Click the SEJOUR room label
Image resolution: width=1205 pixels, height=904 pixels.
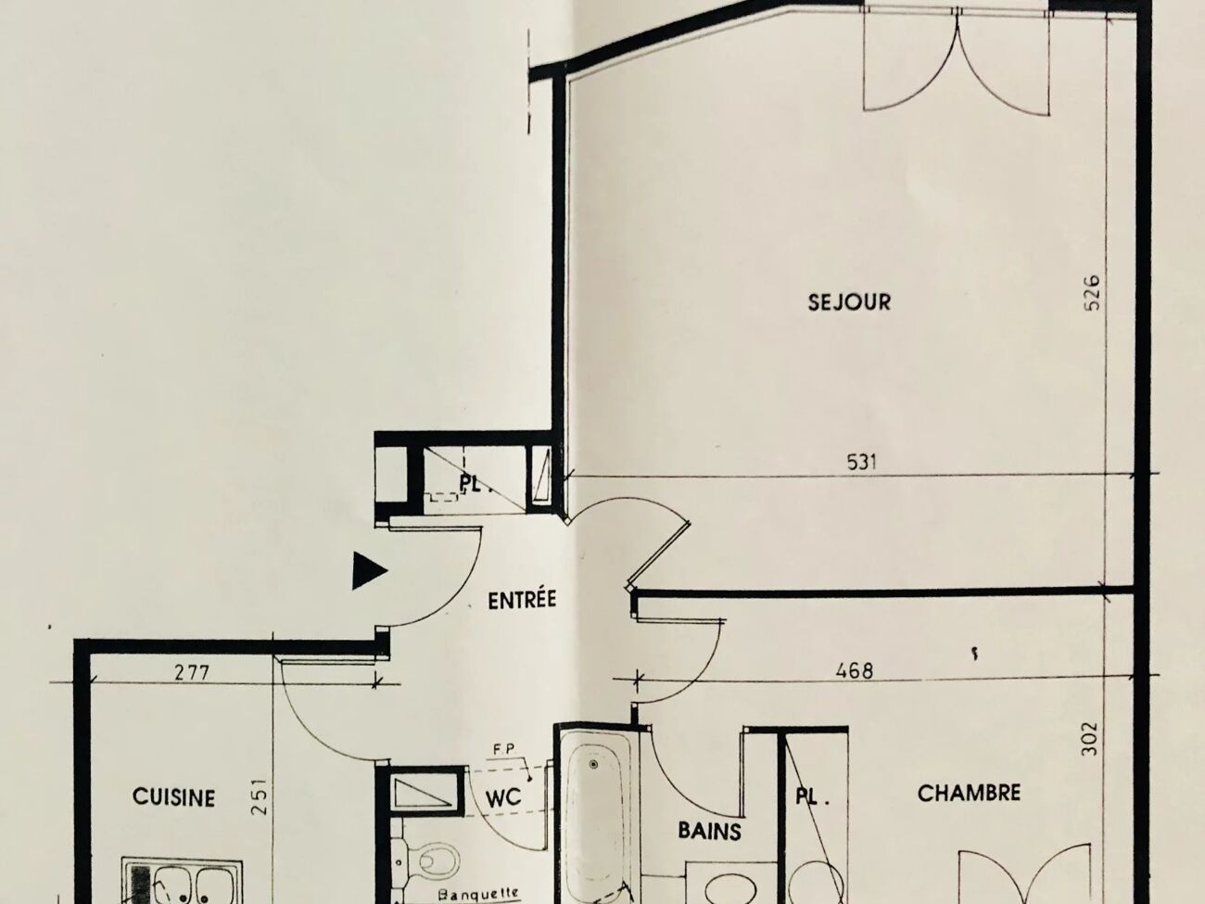coord(849,302)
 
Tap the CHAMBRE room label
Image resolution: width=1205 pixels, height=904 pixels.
coord(969,793)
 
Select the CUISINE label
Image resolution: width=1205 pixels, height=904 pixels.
coord(173,797)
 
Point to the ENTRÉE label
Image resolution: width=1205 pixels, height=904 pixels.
coord(522,599)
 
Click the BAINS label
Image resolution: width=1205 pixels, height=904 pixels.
coord(709,831)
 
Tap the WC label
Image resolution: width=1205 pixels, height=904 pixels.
coord(503,797)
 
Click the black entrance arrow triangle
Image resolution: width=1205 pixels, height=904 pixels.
coord(369,571)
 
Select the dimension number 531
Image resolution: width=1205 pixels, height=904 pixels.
coord(861,463)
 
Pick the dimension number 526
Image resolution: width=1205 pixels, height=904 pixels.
coord(1092,293)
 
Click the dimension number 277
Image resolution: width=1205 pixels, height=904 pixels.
coord(192,672)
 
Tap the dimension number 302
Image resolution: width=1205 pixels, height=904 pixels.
coord(1090,739)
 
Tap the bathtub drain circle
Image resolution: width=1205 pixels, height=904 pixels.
coord(593,764)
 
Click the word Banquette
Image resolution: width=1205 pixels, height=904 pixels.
coord(478,894)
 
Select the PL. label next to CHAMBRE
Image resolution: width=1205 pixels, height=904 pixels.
coord(812,797)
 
